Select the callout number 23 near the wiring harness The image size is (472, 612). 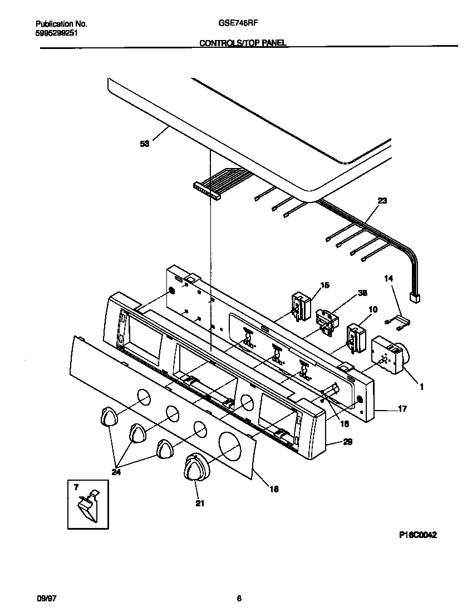pyautogui.click(x=381, y=201)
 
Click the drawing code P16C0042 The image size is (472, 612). pyautogui.click(x=417, y=535)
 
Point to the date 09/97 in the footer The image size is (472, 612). pyautogui.click(x=46, y=599)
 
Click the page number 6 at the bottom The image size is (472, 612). pyautogui.click(x=239, y=599)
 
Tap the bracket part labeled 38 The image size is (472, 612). pyautogui.click(x=324, y=323)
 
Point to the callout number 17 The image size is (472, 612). pyautogui.click(x=402, y=409)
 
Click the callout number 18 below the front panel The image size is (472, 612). pyautogui.click(x=274, y=489)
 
